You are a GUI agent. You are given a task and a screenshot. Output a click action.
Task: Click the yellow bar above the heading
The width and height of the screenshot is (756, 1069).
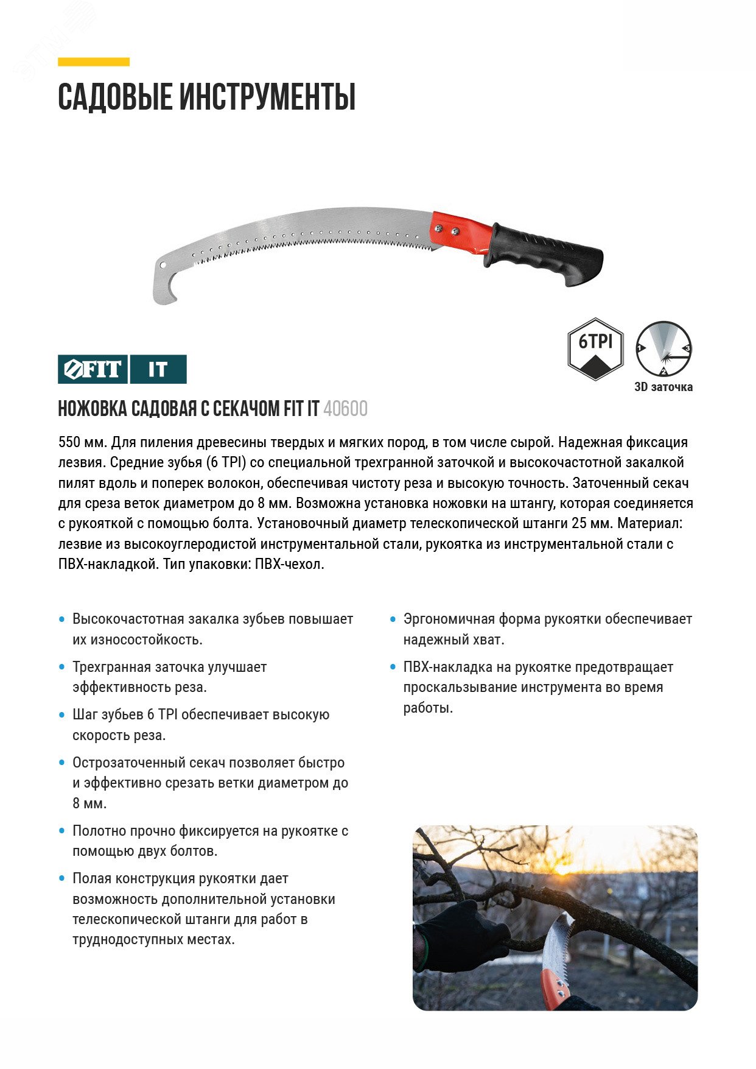coord(94,62)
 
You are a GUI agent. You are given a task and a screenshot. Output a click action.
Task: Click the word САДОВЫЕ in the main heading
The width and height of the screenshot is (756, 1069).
coord(114,97)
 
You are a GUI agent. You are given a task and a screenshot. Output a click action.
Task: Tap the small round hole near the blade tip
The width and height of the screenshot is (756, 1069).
coord(163,265)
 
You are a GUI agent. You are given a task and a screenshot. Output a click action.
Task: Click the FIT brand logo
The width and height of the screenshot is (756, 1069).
coord(93,369)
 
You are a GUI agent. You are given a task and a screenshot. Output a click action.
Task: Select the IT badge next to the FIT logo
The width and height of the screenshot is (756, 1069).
coord(158,369)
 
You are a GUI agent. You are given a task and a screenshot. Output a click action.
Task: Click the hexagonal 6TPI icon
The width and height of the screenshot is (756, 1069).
coord(595,349)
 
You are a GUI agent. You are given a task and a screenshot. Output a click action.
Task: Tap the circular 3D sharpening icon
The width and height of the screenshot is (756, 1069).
coord(663,349)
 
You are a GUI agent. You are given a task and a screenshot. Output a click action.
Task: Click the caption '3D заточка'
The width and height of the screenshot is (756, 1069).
coord(663,387)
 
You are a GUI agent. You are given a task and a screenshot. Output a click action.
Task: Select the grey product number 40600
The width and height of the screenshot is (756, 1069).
coord(345,409)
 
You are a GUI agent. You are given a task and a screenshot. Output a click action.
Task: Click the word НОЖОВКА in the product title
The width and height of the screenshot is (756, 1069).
coord(91,409)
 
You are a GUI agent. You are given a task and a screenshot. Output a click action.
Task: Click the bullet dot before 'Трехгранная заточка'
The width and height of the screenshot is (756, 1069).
coord(61,667)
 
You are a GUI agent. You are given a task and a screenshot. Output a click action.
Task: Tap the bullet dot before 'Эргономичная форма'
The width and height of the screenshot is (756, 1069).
coord(393,619)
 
